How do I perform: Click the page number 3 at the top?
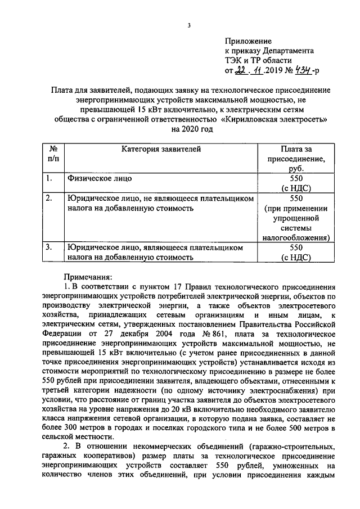190,25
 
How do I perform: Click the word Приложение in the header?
247,41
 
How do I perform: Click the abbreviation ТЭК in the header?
233,61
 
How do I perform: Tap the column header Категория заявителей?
160,149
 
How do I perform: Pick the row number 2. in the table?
50,198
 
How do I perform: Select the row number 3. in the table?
50,247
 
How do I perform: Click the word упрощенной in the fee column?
296,218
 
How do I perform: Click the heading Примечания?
88,277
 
